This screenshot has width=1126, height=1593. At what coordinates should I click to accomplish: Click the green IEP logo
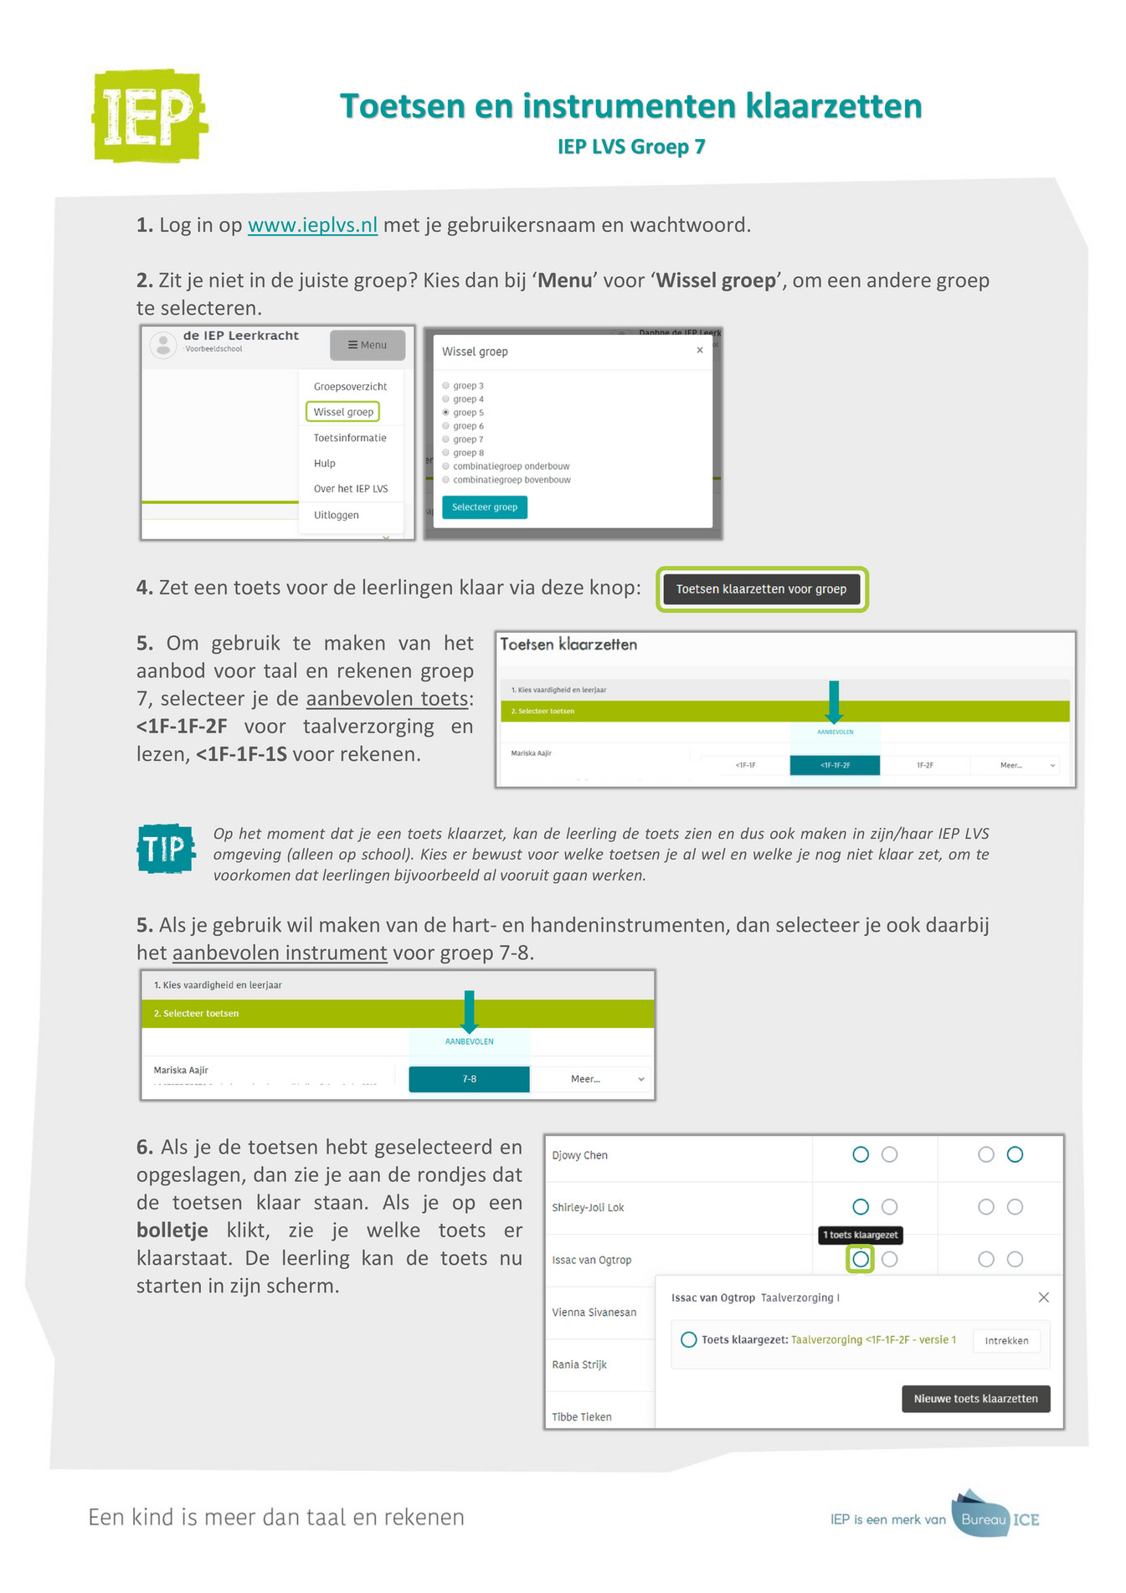pos(149,116)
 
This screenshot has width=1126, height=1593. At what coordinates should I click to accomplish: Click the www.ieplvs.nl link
pos(312,225)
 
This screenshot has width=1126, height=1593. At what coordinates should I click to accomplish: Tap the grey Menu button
pos(367,345)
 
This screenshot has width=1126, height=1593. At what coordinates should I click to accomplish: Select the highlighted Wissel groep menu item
pos(343,412)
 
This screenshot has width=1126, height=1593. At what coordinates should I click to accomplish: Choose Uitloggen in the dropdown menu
pos(336,515)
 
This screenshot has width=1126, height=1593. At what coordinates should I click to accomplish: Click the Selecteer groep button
pos(484,507)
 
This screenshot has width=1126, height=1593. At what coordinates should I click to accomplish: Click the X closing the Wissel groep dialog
pos(700,351)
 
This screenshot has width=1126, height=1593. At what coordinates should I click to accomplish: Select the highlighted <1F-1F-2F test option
pos(835,765)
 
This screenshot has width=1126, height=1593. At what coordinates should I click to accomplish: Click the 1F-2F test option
pos(924,765)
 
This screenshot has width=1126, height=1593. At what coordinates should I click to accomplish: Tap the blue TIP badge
pos(165,849)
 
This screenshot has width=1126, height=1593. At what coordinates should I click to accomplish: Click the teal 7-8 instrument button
pos(469,1079)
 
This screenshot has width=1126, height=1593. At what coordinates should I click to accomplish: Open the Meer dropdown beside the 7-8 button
pos(593,1079)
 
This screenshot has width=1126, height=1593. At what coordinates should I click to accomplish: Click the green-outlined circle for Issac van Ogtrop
pos(860,1259)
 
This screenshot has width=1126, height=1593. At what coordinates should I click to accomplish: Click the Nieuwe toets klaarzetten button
pos(975,1399)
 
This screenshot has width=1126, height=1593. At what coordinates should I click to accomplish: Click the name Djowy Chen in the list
pos(579,1155)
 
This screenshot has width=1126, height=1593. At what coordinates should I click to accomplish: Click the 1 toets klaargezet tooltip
pos(860,1235)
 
